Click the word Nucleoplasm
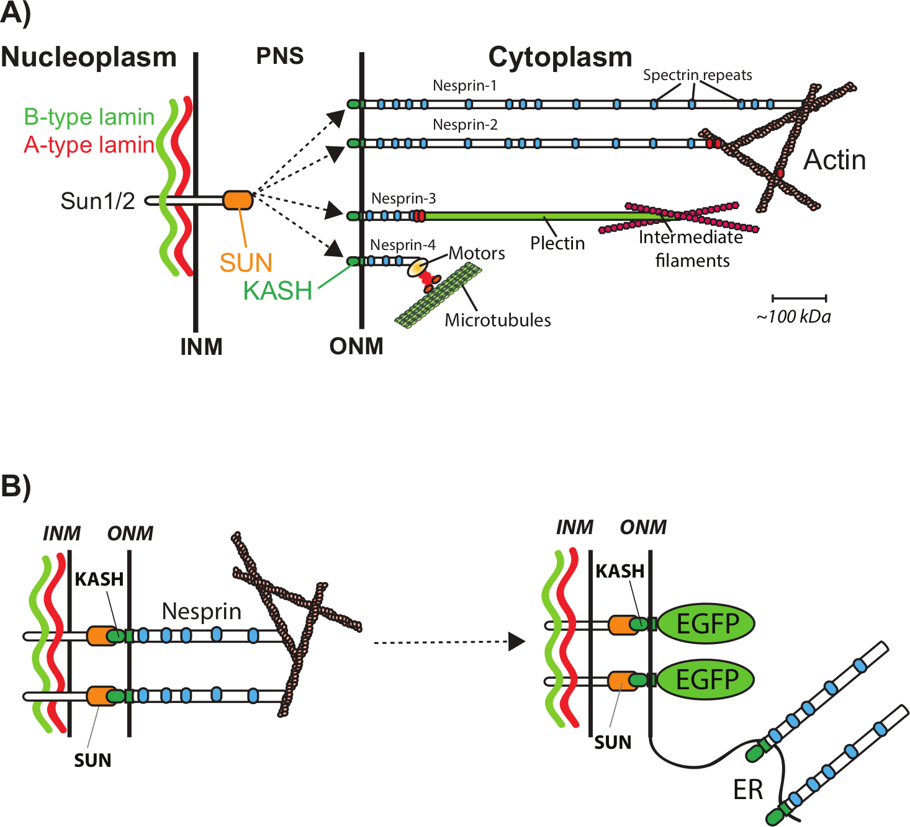pos(89,57)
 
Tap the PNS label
pos(280,56)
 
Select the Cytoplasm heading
pos(560,57)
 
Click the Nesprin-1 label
pos(464,86)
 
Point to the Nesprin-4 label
pos(403,245)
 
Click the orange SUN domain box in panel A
pos(238,200)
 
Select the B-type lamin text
pos(89,117)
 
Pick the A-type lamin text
pos(89,145)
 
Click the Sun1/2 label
pos(97,201)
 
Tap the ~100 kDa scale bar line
pos(799,298)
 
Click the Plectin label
pos(557,243)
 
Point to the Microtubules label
pos(498,320)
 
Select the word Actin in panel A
pos(834,160)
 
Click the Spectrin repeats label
pos(697,75)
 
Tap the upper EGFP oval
pos(706,624)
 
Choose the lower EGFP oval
pos(706,679)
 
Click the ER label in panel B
pos(747,790)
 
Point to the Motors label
pos(477,253)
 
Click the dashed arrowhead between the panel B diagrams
pos(516,642)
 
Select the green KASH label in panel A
pos(277,290)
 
